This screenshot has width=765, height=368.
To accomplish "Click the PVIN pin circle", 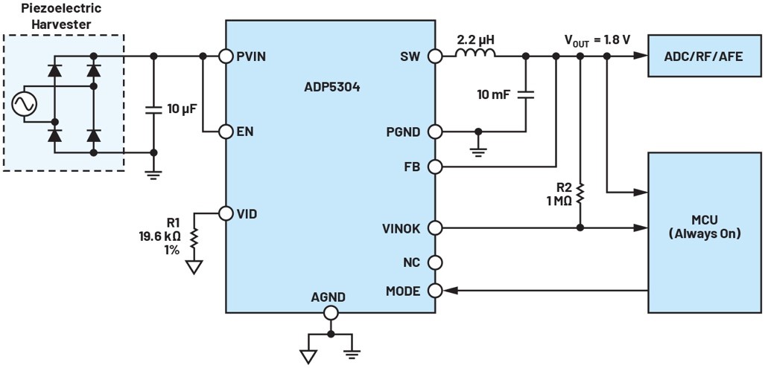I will pos(226,56).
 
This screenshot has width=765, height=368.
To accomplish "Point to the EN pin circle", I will pos(226,132).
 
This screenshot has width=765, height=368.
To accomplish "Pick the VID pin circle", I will pos(226,213).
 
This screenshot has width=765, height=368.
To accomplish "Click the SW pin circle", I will pos(434,56).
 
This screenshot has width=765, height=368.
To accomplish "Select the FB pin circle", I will pos(434,167).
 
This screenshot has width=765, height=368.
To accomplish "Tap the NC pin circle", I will pos(434,262).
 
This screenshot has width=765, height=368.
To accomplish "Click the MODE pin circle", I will pos(434,291).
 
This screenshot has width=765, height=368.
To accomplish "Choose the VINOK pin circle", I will pos(434,227).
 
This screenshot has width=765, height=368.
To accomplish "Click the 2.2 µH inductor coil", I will pos(476,54).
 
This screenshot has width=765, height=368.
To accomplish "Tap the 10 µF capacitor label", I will pos(182,109).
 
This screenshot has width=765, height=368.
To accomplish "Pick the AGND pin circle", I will pos(329,313).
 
